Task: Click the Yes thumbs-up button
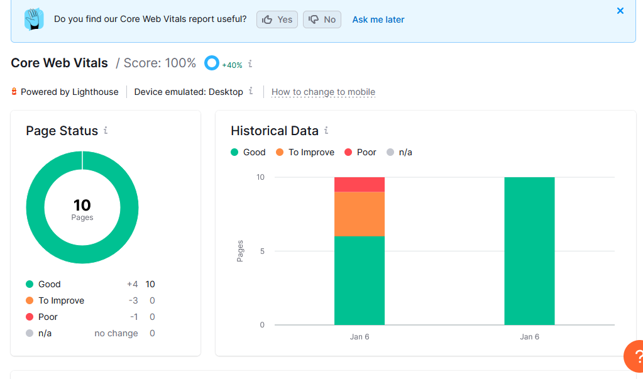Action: click(x=277, y=19)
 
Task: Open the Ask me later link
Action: click(x=378, y=19)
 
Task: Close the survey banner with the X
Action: click(x=620, y=11)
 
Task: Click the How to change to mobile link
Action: click(x=323, y=92)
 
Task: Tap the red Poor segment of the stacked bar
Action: click(x=360, y=185)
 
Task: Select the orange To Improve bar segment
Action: click(x=360, y=214)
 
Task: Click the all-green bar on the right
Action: click(x=529, y=251)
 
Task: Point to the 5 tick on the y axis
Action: click(x=262, y=251)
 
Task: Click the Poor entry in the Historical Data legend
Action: click(x=360, y=152)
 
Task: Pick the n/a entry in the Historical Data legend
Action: click(x=399, y=152)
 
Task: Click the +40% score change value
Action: click(x=232, y=65)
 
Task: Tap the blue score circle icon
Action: click(x=212, y=63)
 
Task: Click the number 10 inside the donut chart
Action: click(x=82, y=205)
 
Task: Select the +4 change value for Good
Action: click(x=132, y=284)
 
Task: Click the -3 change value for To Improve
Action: click(x=133, y=300)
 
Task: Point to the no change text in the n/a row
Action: click(x=116, y=334)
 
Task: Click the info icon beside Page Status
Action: click(x=106, y=131)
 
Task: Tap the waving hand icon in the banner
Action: click(x=34, y=19)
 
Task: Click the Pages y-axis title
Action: click(x=240, y=251)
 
